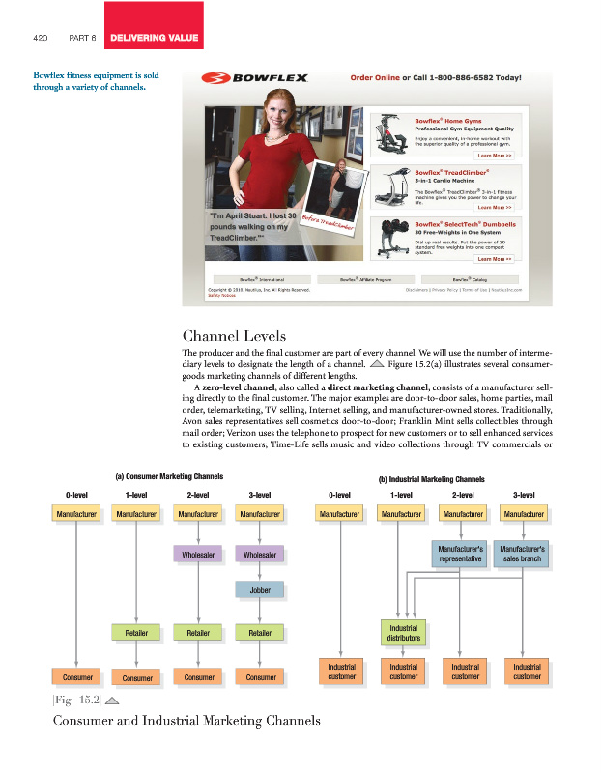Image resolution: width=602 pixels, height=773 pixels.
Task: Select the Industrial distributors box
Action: click(x=403, y=633)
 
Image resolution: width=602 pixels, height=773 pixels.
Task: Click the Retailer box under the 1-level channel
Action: click(x=137, y=634)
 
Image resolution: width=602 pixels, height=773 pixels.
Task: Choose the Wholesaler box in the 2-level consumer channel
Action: click(x=199, y=555)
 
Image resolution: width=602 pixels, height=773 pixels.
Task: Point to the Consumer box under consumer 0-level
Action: click(x=75, y=676)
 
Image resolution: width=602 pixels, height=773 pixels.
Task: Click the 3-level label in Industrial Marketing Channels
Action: click(x=527, y=496)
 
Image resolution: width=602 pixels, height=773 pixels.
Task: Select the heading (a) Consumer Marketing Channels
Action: click(x=169, y=476)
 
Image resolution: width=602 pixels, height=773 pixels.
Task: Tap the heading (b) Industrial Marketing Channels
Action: click(x=432, y=478)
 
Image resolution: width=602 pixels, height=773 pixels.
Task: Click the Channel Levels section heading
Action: click(x=234, y=337)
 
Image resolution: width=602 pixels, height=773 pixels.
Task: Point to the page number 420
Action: click(x=41, y=40)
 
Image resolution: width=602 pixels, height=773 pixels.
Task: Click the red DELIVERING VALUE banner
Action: click(x=154, y=39)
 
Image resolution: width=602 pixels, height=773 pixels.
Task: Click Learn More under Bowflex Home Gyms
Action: click(x=495, y=155)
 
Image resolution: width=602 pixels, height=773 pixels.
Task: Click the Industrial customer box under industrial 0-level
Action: click(x=342, y=672)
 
